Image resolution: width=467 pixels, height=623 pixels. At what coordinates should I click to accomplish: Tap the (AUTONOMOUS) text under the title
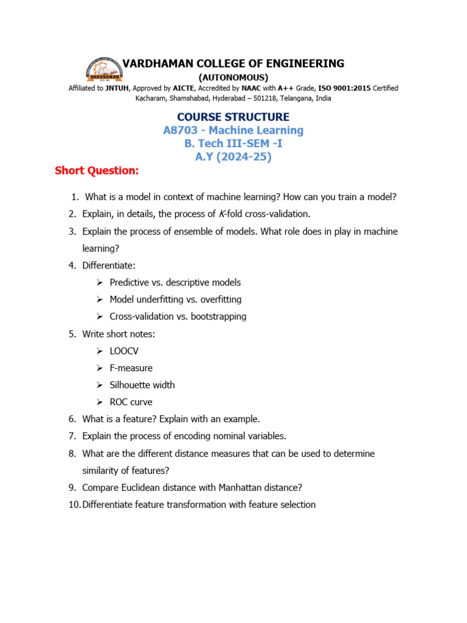[x=233, y=77]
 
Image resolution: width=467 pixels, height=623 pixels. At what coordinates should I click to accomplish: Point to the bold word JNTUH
[x=117, y=88]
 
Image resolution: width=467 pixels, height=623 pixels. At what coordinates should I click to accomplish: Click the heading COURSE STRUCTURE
[x=233, y=117]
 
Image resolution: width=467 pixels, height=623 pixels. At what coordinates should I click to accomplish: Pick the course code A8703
[x=182, y=130]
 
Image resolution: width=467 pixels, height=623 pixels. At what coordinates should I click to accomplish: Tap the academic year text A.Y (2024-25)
[x=233, y=157]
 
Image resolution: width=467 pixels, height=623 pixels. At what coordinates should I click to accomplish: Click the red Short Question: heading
[x=97, y=170]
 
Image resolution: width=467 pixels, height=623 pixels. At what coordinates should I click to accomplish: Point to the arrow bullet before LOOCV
[x=100, y=351]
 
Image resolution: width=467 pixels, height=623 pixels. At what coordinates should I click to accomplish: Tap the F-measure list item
[x=131, y=368]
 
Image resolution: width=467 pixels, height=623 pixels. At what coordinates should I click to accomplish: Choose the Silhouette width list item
[x=142, y=385]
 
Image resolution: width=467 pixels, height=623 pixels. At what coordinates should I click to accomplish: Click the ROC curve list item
[x=131, y=402]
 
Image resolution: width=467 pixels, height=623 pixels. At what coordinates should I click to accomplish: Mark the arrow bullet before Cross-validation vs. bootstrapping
[x=100, y=317]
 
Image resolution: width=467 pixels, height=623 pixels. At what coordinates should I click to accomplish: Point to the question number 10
[x=74, y=504]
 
